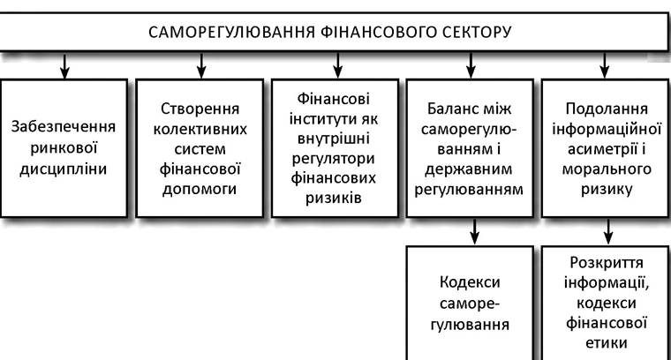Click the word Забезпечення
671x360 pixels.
[63, 127]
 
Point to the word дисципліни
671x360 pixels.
[63, 169]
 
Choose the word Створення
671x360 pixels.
[200, 109]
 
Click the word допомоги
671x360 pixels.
[200, 189]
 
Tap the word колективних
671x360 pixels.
[200, 129]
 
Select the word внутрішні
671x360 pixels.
[334, 139]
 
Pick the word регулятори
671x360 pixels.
[334, 159]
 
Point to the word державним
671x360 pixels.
[469, 169]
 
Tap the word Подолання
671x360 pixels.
[607, 109]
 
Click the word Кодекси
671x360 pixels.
[470, 282]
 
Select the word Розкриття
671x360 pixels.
[607, 263]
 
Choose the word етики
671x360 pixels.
[607, 343]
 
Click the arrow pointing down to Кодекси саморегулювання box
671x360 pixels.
[474, 231]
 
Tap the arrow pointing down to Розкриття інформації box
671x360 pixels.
[608, 231]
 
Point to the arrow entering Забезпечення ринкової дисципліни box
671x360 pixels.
[64, 66]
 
